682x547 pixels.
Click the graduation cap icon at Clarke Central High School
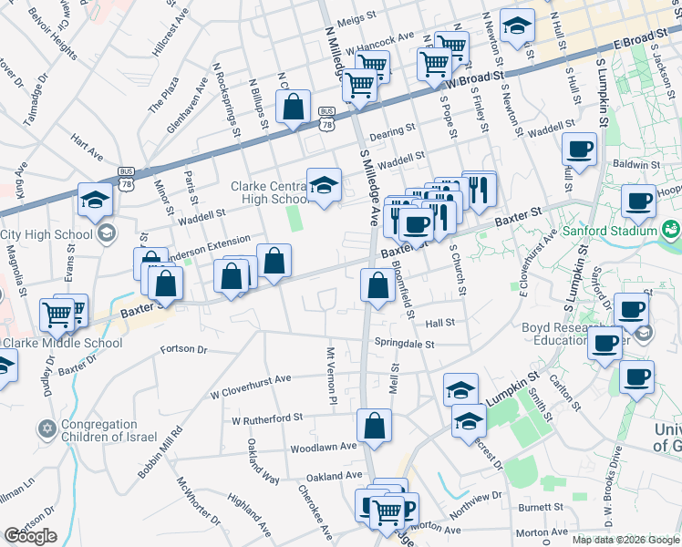tap(324, 185)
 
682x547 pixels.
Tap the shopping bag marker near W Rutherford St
tap(374, 425)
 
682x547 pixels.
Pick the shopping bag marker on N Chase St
tap(294, 108)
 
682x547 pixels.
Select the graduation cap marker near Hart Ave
tap(95, 201)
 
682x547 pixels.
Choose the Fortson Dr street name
tap(183, 349)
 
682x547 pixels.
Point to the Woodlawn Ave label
tap(323, 448)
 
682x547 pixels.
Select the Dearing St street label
tap(398, 130)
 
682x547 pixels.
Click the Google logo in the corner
tap(30, 536)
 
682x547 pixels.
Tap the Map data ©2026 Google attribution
tap(625, 540)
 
